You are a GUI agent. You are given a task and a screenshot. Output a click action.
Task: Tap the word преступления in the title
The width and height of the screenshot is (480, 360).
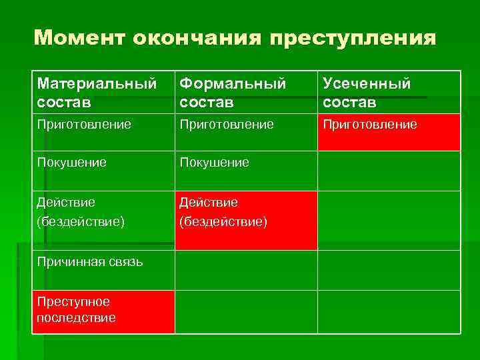pos(353,37)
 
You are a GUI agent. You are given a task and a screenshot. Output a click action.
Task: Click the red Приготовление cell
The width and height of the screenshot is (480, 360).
pos(388,132)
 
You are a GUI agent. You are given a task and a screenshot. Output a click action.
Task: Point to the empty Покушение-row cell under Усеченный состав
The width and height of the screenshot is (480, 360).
pos(388,171)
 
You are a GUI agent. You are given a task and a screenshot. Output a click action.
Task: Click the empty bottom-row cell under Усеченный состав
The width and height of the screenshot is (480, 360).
pos(388,311)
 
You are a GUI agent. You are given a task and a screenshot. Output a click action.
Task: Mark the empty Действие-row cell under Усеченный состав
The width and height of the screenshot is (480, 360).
pos(388,220)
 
